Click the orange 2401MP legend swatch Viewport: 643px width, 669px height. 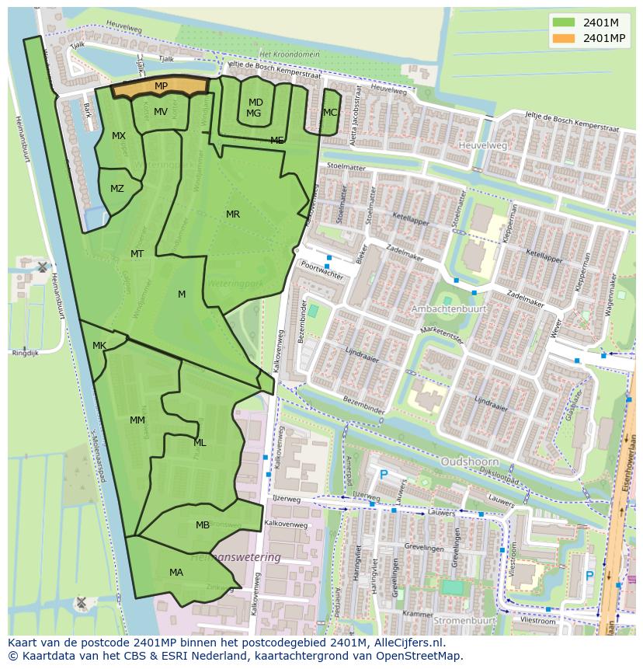tap(565, 38)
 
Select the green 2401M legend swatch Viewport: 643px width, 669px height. tap(565, 23)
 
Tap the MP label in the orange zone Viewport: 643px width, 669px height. tap(161, 86)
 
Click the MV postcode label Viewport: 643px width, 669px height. tap(161, 112)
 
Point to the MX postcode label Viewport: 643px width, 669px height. tap(119, 136)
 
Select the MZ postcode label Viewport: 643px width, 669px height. tap(117, 189)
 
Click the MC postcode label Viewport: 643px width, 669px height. tap(330, 113)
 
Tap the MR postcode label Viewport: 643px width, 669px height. tap(233, 214)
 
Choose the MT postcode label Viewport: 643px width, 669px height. tap(137, 254)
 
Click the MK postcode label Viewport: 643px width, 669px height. tap(99, 346)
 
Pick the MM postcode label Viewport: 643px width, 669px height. tap(137, 420)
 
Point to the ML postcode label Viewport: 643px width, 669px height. tap(200, 443)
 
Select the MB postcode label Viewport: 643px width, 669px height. tap(203, 525)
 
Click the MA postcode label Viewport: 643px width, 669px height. tap(176, 573)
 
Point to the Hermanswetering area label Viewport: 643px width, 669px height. tap(235, 558)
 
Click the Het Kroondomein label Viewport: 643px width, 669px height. tap(290, 54)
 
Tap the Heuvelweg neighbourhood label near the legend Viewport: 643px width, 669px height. tap(482, 145)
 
